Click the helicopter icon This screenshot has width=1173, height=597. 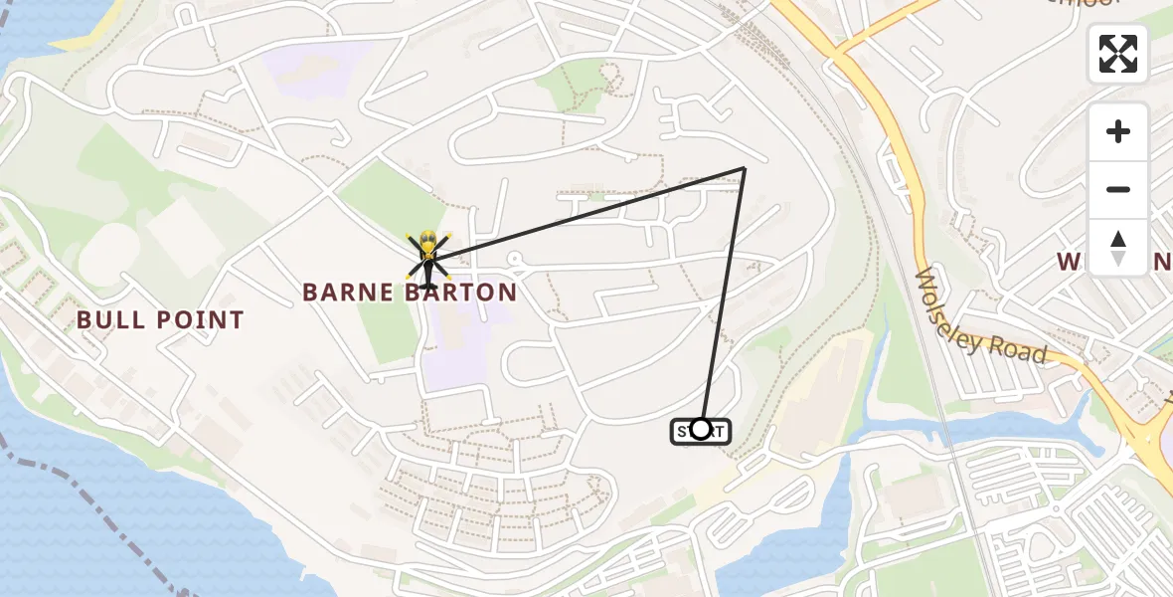[x=427, y=257]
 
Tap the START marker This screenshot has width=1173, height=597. [x=701, y=430]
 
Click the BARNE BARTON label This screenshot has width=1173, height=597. [x=410, y=293]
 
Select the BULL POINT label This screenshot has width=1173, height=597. [x=160, y=320]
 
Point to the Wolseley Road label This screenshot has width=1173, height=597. [x=979, y=316]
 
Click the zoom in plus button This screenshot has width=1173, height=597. [x=1118, y=131]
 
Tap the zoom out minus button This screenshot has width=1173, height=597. [x=1118, y=189]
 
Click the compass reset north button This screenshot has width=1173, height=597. [x=1118, y=247]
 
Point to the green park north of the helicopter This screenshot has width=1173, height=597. [x=383, y=199]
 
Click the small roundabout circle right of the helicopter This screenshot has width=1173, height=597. [x=514, y=259]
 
